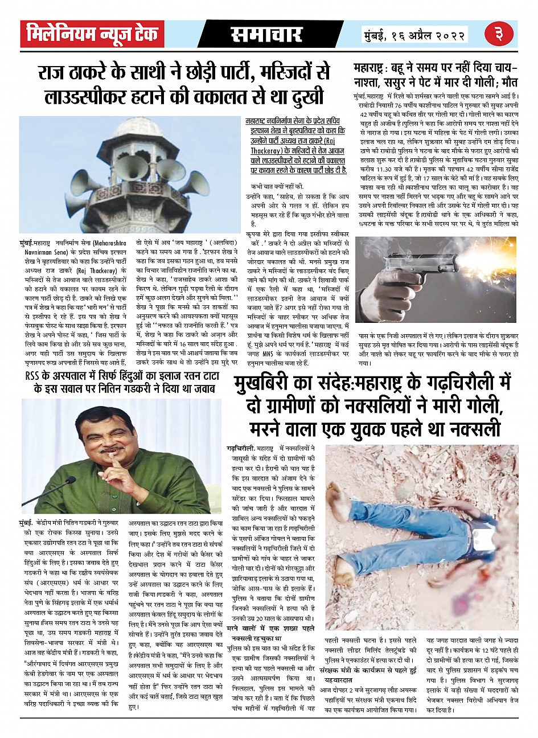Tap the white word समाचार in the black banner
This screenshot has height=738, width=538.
pyautogui.click(x=266, y=35)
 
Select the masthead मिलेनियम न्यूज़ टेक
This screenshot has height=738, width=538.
pyautogui.click(x=92, y=35)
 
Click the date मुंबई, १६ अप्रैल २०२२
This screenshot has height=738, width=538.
pyautogui.click(x=414, y=35)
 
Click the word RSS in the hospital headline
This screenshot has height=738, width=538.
pyautogui.click(x=35, y=376)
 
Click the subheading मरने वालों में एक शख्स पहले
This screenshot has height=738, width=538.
pyautogui.click(x=270, y=628)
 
